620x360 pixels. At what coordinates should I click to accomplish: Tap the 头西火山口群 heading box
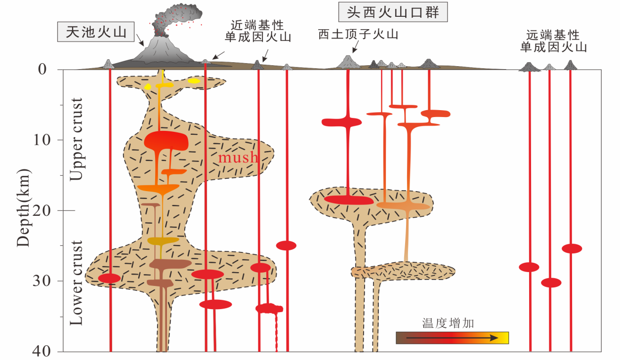click(x=393, y=12)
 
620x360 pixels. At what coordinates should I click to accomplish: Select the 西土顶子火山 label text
click(x=358, y=35)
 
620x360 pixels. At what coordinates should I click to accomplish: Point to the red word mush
click(x=239, y=158)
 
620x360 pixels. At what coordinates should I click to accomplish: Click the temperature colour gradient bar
click(x=452, y=338)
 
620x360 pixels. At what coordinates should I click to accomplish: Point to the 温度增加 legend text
click(x=448, y=323)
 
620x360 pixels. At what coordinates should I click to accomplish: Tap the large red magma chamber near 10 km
click(x=166, y=141)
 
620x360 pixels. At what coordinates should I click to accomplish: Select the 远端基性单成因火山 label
click(x=553, y=41)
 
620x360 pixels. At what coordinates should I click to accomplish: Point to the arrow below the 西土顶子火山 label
click(x=355, y=47)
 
